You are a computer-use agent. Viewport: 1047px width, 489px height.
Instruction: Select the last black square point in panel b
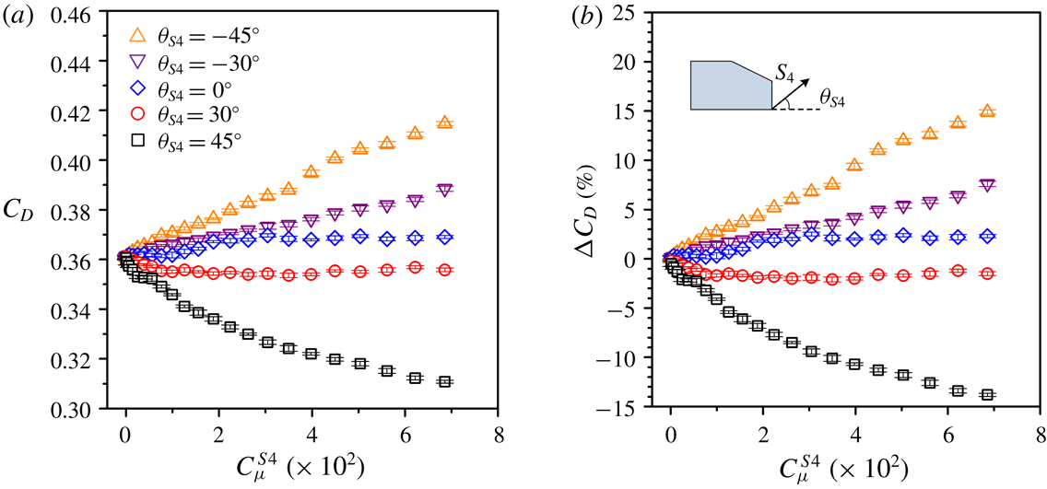(x=988, y=394)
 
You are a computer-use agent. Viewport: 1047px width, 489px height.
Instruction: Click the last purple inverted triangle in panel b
(x=988, y=185)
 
